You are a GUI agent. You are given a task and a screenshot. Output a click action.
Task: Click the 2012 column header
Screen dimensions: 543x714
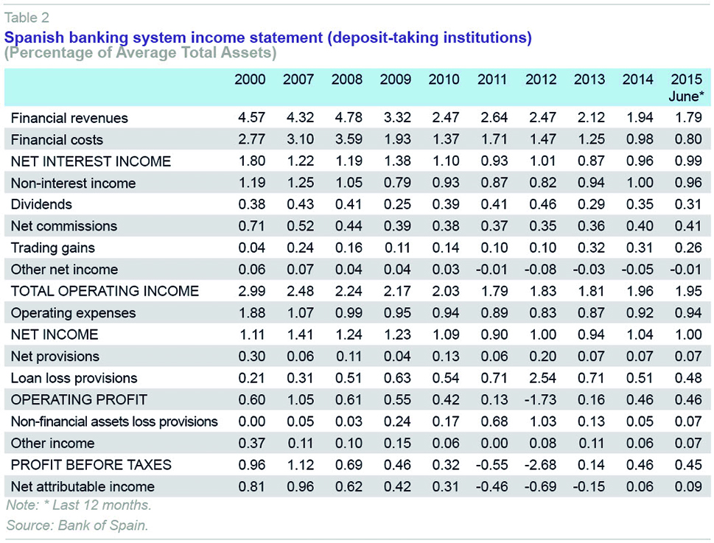(540, 80)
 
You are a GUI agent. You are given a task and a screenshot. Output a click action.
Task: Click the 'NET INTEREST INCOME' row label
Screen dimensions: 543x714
(91, 161)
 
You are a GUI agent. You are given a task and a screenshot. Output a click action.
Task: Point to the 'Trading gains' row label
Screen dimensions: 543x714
(53, 248)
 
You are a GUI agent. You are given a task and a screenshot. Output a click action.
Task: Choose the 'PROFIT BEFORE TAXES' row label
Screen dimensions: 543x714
(91, 465)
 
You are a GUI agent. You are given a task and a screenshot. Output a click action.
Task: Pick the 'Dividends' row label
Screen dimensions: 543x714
(41, 204)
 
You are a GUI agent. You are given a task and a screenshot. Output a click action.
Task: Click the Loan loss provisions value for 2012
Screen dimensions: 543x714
(541, 378)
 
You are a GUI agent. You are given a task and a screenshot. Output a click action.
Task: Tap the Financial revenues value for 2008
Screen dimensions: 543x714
(346, 118)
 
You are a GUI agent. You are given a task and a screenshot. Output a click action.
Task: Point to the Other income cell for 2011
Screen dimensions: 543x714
(492, 443)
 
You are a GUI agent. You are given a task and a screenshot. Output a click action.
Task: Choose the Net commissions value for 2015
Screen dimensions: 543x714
(687, 226)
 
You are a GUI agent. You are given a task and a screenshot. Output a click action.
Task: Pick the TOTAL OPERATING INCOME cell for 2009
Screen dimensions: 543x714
(395, 291)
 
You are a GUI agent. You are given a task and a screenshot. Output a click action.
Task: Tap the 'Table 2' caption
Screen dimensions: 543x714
(27, 18)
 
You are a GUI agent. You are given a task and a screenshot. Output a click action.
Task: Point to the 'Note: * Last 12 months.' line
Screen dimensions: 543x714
(79, 505)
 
